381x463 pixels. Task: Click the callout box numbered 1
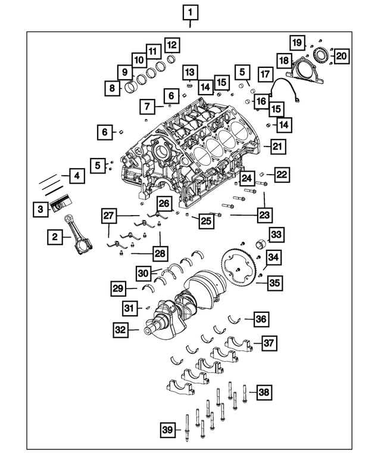click(190, 11)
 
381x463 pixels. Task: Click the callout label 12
click(171, 45)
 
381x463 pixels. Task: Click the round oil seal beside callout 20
click(321, 55)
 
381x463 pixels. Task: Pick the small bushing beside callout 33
click(260, 244)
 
